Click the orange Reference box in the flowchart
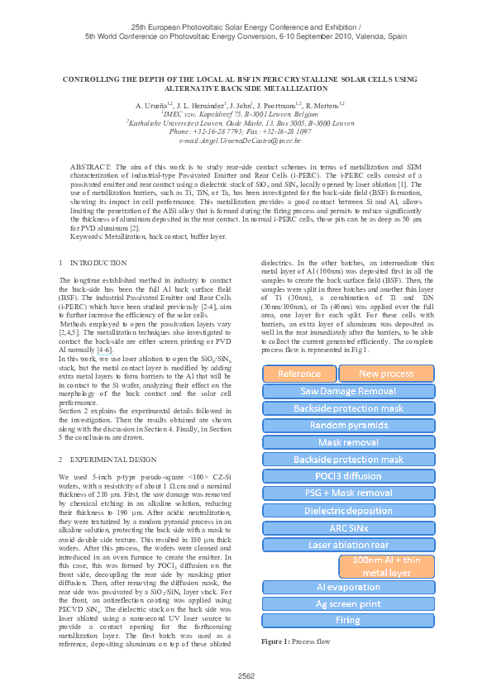pos(299,374)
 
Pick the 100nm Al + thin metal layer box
pos(387,566)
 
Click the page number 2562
pos(246,676)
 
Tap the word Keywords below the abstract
pos(88,236)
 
